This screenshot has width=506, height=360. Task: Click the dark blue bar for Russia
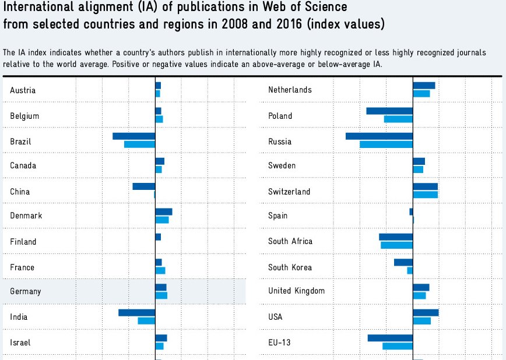tap(379, 136)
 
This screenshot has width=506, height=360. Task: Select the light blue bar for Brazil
tap(139, 144)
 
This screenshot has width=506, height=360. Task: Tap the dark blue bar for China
tap(143, 186)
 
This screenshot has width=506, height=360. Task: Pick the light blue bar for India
tap(146, 320)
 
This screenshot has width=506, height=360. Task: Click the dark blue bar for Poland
tap(389, 111)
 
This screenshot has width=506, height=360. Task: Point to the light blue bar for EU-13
tap(398, 346)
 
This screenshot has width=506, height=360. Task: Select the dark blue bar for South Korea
tap(403, 262)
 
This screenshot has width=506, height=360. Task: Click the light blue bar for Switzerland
tap(425, 195)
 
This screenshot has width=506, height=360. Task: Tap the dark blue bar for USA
tap(426, 313)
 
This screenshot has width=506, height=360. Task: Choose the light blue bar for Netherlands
tap(421, 93)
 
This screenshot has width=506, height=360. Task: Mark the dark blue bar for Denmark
tap(164, 212)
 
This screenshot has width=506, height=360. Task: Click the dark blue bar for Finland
tap(158, 237)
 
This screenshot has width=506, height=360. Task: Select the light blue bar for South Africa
tap(396, 245)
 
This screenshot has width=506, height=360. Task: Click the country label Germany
tap(26, 291)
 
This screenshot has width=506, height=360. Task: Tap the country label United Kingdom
tap(296, 291)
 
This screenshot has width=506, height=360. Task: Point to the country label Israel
tap(20, 343)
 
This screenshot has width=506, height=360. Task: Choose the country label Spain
tap(277, 216)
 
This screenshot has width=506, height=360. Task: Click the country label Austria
tap(23, 90)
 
